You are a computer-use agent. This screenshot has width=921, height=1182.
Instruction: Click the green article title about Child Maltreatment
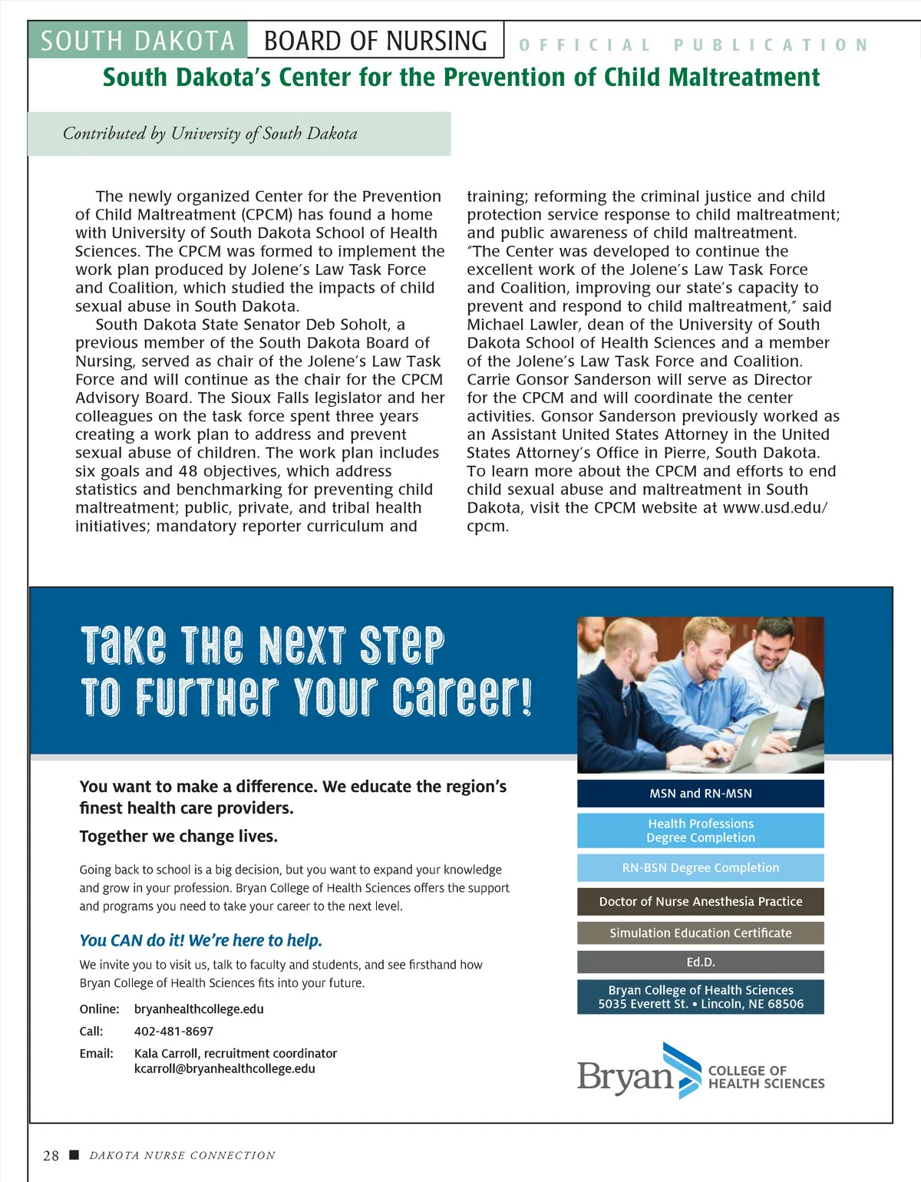(461, 78)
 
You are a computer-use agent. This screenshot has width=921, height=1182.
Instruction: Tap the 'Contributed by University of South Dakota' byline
(210, 134)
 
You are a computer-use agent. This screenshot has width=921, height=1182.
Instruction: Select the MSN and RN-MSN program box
(700, 794)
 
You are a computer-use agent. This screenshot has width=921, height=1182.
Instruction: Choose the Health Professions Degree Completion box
(700, 830)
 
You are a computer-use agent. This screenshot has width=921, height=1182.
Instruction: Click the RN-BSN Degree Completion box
(700, 868)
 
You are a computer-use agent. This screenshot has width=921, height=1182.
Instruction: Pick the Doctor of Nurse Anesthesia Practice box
(700, 902)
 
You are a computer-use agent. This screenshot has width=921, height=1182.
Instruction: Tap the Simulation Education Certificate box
(700, 933)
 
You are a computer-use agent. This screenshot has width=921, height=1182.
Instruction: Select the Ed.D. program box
(700, 962)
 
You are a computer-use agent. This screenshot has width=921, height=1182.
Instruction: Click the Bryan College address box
(700, 997)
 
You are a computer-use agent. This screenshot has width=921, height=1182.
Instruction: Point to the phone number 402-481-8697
(173, 1032)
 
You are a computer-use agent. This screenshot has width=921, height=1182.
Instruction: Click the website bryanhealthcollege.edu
(199, 1009)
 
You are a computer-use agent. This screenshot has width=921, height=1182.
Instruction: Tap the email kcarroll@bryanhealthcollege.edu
(224, 1069)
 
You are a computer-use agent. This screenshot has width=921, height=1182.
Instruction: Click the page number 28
(51, 1156)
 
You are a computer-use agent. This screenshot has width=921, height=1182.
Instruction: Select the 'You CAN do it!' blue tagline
(201, 941)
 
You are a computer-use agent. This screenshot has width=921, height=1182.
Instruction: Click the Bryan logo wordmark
(625, 1077)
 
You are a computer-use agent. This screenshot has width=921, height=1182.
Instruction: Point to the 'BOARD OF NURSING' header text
(375, 41)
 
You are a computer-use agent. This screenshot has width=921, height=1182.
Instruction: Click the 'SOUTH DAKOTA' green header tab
(137, 41)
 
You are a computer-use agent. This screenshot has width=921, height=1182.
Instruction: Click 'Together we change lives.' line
(179, 837)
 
